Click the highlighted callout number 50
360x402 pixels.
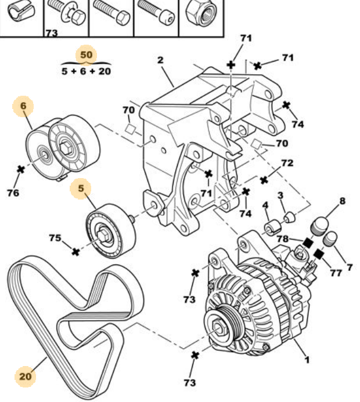pos(86,55)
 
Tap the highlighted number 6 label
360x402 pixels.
pos(24,106)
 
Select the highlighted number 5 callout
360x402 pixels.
pos(81,188)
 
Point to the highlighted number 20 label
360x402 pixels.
pos(25,376)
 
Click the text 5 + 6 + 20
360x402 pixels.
pos(86,72)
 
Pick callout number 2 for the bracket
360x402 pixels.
pos(160,60)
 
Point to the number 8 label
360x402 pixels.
pos(342,201)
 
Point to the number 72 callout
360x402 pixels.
pos(287,164)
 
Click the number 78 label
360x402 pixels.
pos(283,239)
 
